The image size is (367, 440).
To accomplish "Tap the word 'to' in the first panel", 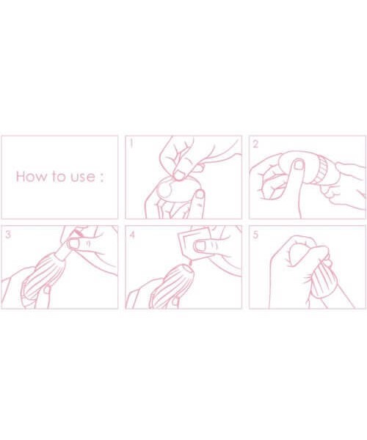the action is click(59, 177).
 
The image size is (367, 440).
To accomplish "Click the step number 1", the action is click(131, 144).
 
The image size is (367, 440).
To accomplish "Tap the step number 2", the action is click(255, 144).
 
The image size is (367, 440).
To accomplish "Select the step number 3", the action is click(8, 235).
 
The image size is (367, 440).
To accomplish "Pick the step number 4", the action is click(132, 235).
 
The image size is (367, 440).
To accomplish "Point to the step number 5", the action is click(255, 235).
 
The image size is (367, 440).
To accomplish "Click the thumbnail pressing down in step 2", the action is click(299, 165).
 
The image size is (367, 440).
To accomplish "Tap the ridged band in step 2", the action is click(321, 171).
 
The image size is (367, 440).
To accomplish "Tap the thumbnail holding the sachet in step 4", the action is click(200, 246).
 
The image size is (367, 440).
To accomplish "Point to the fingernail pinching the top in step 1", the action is click(178, 175).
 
